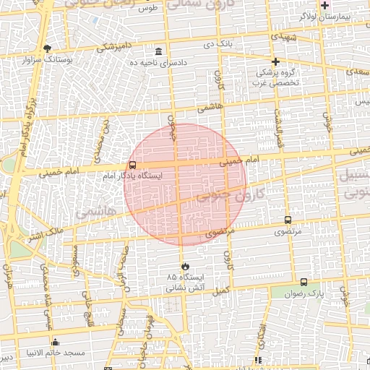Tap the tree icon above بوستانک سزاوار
47,48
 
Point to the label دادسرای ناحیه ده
158,63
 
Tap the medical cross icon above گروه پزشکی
275,61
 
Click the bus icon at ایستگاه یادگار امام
132,165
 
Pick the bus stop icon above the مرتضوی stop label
288,220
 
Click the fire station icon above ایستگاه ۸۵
186,265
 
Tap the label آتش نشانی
185,287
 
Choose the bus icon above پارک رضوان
303,283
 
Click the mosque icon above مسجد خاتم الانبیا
55,342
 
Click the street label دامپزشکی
112,47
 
